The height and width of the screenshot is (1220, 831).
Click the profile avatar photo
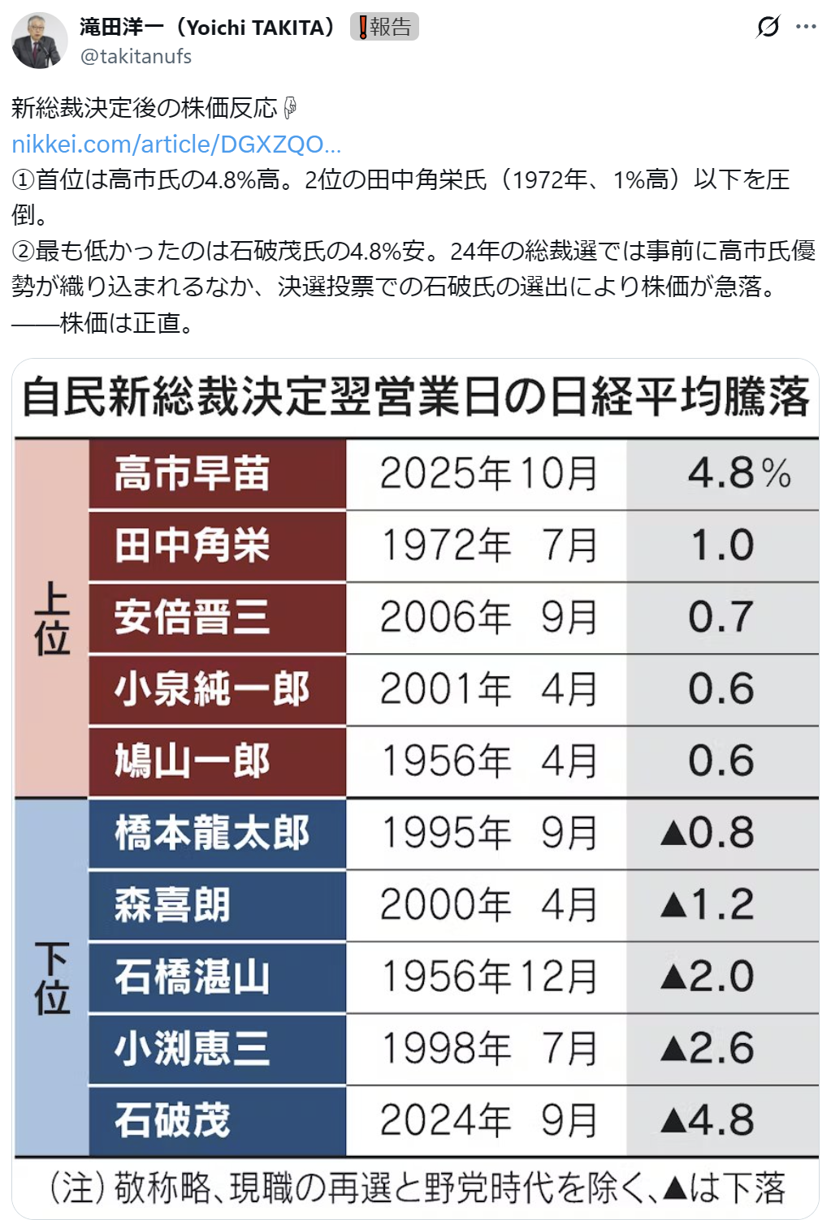pyautogui.click(x=39, y=40)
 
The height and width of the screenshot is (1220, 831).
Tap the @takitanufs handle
pyautogui.click(x=136, y=57)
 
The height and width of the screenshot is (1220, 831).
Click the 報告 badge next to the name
pyautogui.click(x=384, y=27)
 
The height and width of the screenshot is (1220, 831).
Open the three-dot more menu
pyautogui.click(x=806, y=27)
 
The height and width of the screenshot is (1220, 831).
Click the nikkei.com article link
pyautogui.click(x=176, y=144)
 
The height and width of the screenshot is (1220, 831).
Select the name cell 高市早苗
pyautogui.click(x=193, y=473)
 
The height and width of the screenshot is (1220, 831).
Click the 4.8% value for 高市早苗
pyautogui.click(x=738, y=473)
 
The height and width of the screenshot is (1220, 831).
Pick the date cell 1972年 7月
pyautogui.click(x=489, y=545)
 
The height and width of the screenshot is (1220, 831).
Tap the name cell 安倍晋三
pyautogui.click(x=193, y=617)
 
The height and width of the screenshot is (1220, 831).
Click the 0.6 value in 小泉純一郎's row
pyautogui.click(x=721, y=689)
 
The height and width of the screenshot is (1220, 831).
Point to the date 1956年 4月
pyautogui.click(x=489, y=761)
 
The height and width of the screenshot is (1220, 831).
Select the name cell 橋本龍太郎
pyautogui.click(x=212, y=833)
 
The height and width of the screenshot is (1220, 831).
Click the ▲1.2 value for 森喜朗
pyautogui.click(x=708, y=904)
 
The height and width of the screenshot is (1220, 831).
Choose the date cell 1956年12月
pyautogui.click(x=489, y=976)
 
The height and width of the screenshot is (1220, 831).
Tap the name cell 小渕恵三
pyautogui.click(x=193, y=1048)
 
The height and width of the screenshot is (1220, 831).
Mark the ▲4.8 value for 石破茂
pyautogui.click(x=708, y=1120)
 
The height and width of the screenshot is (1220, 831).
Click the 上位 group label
pyautogui.click(x=52, y=618)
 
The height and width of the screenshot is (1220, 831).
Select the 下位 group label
pyautogui.click(x=52, y=977)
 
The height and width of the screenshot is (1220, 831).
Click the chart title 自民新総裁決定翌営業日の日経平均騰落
pyautogui.click(x=415, y=398)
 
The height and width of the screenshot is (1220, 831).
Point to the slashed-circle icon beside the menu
pyautogui.click(x=767, y=27)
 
